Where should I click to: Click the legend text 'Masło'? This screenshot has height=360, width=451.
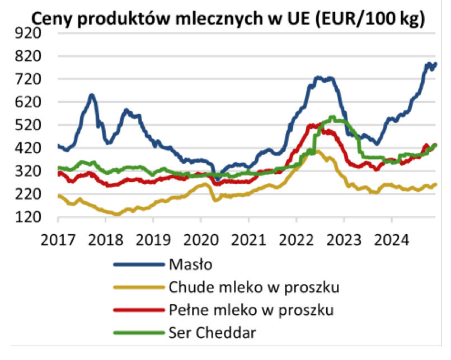pos(184,264)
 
